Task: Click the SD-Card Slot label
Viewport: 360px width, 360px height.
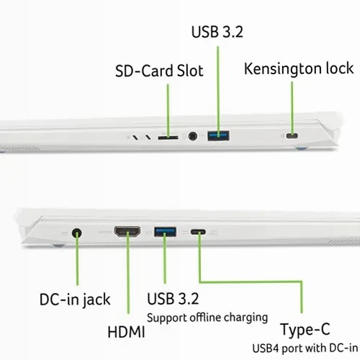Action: [x=159, y=71]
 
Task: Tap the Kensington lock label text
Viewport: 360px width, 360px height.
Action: [x=299, y=68]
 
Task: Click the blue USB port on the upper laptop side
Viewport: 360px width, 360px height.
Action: [x=218, y=135]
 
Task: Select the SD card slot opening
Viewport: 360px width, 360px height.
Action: [x=168, y=138]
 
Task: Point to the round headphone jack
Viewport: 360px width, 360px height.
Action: [x=192, y=136]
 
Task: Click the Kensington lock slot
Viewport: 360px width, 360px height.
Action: [x=292, y=136]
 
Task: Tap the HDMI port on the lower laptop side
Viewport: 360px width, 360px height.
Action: [x=127, y=232]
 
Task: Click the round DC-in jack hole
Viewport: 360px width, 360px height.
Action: [x=77, y=233]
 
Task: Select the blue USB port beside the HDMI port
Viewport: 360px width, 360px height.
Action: [x=165, y=232]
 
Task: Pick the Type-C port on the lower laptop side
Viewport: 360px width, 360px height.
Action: [x=198, y=232]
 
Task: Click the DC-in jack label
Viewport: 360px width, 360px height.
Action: [x=75, y=300]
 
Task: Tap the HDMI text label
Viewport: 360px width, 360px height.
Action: [x=126, y=333]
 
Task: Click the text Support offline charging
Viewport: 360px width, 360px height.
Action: [x=207, y=318]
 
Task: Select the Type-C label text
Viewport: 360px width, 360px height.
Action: [x=305, y=330]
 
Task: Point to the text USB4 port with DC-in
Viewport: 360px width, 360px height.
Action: [x=305, y=348]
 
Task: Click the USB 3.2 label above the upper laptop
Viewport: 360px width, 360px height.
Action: [x=217, y=32]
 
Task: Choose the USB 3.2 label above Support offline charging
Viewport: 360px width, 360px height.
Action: [x=173, y=299]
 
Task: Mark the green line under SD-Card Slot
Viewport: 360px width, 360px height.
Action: [x=168, y=111]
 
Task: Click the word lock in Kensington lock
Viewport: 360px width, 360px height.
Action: [x=340, y=68]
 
